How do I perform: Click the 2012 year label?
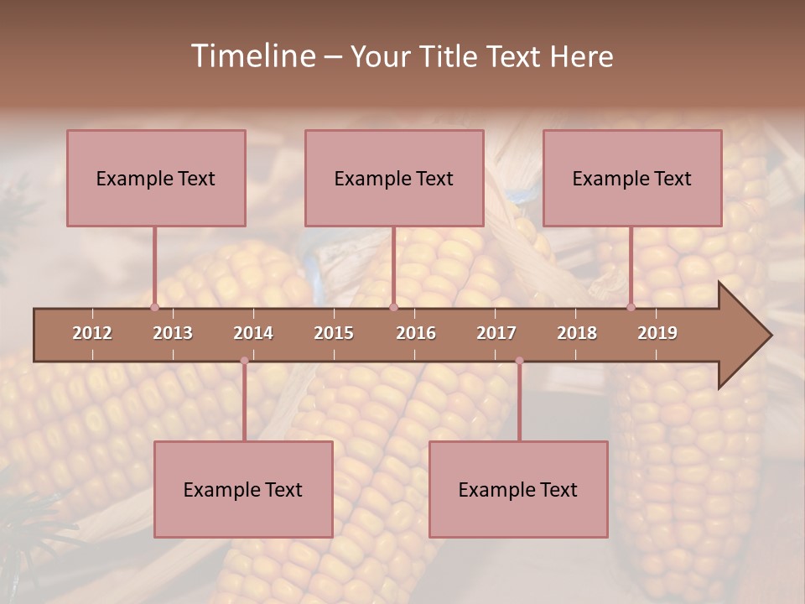click(92, 333)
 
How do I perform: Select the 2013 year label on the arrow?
click(173, 333)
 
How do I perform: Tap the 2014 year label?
click(253, 333)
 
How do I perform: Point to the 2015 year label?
click(334, 333)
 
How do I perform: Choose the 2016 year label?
click(416, 333)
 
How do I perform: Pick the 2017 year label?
click(496, 333)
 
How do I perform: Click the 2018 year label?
click(577, 333)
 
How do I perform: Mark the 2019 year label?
click(657, 333)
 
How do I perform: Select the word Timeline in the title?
click(252, 56)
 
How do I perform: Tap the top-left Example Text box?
click(156, 178)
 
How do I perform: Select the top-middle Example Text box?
click(394, 178)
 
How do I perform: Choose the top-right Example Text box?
click(632, 178)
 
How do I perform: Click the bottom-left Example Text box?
click(243, 489)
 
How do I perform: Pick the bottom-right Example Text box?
click(518, 489)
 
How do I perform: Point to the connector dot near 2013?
click(154, 307)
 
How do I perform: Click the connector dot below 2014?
click(244, 361)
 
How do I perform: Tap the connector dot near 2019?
click(631, 307)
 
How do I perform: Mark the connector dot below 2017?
click(519, 361)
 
